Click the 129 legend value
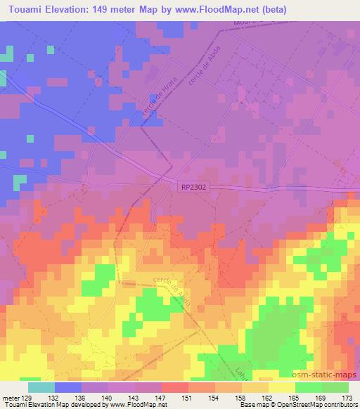coord(27,397)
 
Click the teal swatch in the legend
coord(41,387)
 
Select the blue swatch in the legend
coord(68,387)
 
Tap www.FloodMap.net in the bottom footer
coord(134,405)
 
